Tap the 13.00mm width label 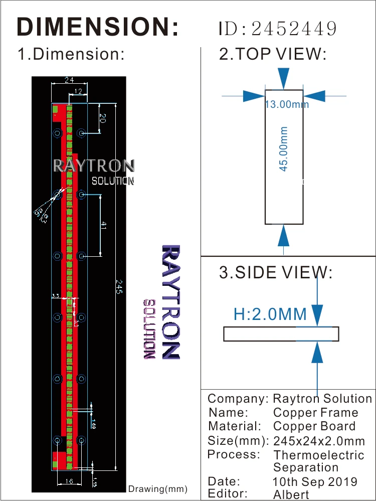(x=287, y=104)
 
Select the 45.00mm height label (x=284, y=149)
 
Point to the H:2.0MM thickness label (x=270, y=314)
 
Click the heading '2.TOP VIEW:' (x=273, y=54)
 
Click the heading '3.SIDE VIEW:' (x=276, y=273)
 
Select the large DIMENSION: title (x=98, y=27)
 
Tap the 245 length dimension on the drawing (x=119, y=287)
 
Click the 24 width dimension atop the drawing (x=69, y=80)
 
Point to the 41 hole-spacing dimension (x=103, y=225)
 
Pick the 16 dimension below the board (x=69, y=481)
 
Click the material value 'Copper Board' (x=314, y=426)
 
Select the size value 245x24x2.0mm (x=319, y=441)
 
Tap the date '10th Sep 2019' (x=315, y=482)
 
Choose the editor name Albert (x=291, y=494)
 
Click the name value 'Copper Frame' (x=316, y=413)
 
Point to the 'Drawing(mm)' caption (x=158, y=489)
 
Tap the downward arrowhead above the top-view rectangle (x=284, y=79)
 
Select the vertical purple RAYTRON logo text (x=170, y=301)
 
